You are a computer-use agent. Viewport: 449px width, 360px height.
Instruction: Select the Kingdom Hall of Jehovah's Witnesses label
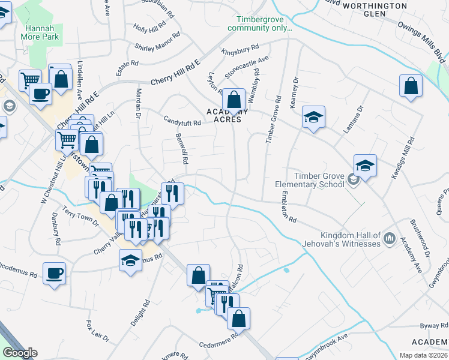point(351,239)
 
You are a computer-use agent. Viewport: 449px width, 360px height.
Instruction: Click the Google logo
point(20,353)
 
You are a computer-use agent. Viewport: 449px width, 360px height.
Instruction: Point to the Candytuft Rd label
point(182,121)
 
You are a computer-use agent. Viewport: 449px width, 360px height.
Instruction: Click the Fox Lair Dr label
point(97,331)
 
